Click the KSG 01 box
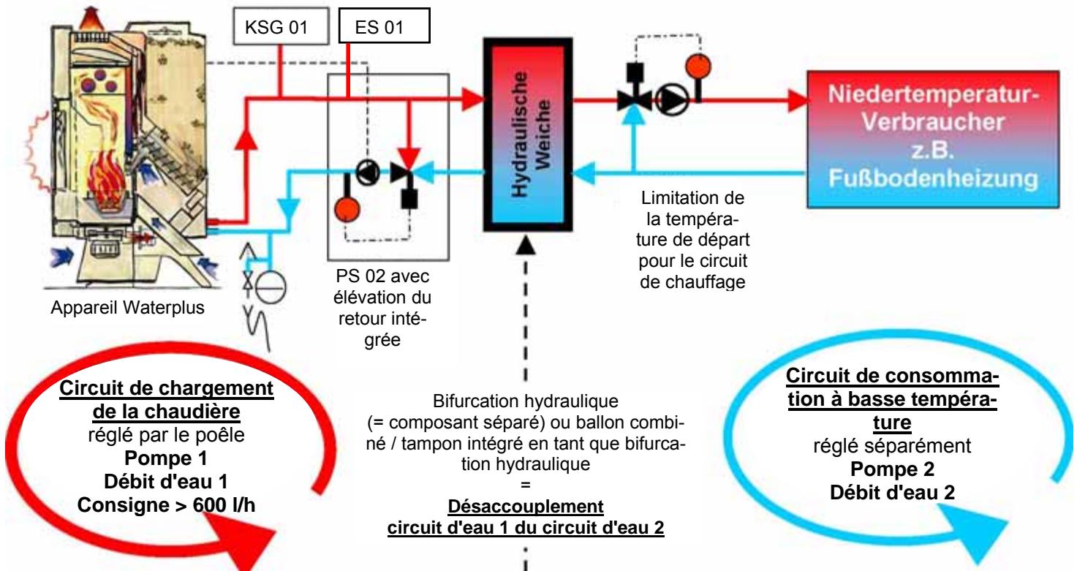coord(281,26)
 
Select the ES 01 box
coord(384,26)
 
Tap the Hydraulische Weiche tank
coord(528,135)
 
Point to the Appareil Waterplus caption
coord(127,308)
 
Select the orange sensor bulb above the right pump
coord(698,67)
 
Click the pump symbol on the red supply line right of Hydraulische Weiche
coord(672,100)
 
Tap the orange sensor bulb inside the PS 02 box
coord(347,210)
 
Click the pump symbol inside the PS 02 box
coord(368,172)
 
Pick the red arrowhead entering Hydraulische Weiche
coord(473,99)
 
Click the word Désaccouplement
coord(526,507)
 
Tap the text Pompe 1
coord(166,458)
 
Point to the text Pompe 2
coord(892,469)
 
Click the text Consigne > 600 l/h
coord(167,505)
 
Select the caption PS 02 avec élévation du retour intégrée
coord(382,308)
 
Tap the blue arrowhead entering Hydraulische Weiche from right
coord(583,173)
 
